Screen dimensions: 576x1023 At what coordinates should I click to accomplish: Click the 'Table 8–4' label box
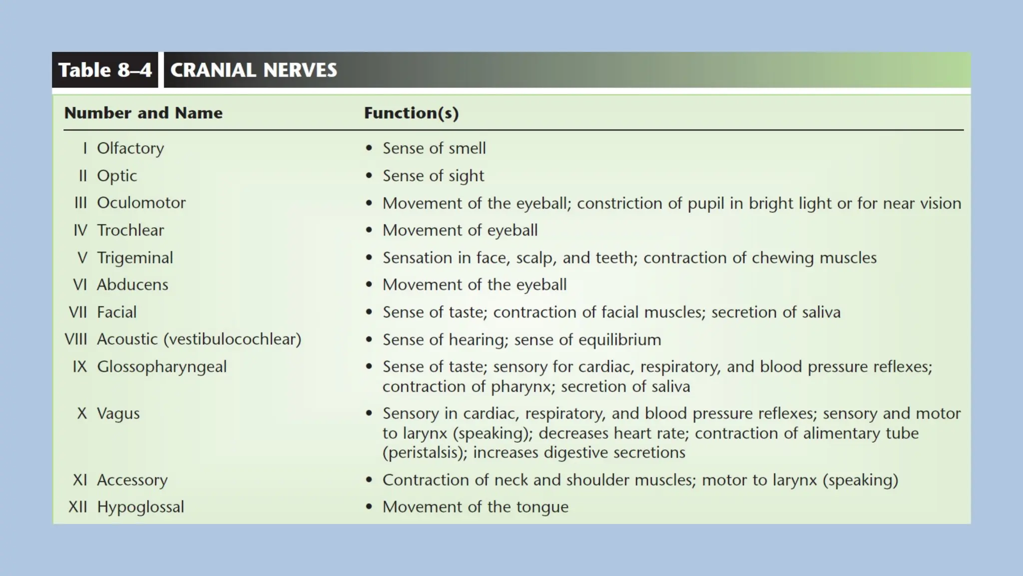[x=105, y=70]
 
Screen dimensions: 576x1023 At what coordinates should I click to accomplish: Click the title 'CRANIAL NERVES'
[x=253, y=70]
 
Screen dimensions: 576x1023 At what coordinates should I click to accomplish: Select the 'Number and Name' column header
[x=143, y=113]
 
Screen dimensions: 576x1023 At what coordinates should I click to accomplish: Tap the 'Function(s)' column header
[x=411, y=113]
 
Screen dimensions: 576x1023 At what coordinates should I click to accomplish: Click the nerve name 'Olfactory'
[x=130, y=148]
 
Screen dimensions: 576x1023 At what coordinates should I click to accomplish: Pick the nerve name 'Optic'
[x=117, y=176]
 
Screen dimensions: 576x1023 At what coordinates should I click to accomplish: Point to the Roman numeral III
[x=80, y=203]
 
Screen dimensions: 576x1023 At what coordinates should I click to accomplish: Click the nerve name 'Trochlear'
[x=130, y=230]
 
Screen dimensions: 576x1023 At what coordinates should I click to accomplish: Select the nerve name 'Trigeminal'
[x=135, y=258]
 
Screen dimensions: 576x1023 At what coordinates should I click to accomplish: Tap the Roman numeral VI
[x=80, y=285]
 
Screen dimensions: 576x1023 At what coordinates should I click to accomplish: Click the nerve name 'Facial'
[x=116, y=312]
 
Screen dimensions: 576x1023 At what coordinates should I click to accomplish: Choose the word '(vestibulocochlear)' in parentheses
[x=233, y=339]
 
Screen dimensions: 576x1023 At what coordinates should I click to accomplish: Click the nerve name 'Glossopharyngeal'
[x=162, y=367]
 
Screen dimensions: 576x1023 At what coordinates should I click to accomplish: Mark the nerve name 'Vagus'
[x=118, y=414]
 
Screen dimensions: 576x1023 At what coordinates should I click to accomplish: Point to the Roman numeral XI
[x=80, y=480]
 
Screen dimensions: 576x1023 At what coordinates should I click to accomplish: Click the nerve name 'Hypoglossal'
[x=140, y=507]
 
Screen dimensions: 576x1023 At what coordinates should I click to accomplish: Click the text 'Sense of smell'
[x=434, y=148]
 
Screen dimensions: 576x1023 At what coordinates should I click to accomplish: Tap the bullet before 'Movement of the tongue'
[x=369, y=507]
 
